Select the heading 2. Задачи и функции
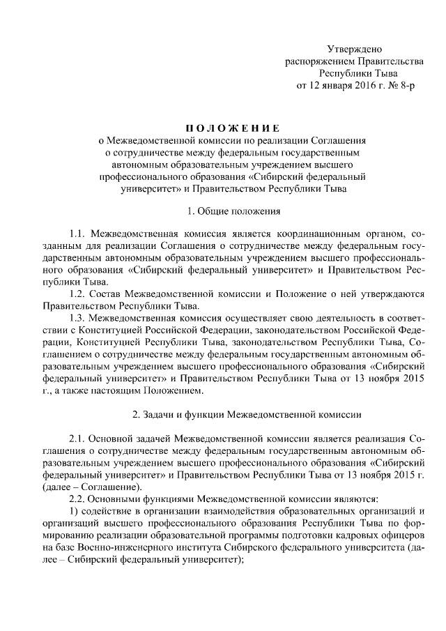[x=247, y=415]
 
